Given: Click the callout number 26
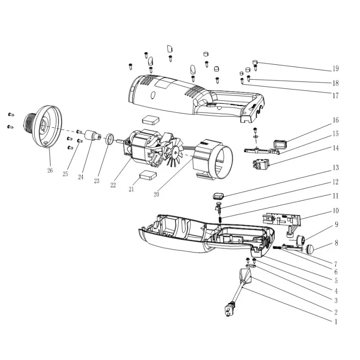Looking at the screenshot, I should coord(49,171).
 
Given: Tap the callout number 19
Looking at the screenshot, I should coord(335,69).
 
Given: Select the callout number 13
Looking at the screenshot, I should coord(335,168).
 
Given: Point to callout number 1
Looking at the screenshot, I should coord(335,322).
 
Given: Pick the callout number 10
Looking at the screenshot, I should coord(335,211).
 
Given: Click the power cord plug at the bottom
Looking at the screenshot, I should coord(229,310).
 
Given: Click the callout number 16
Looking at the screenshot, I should coord(335,120).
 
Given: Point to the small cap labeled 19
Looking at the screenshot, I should coord(255,63).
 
